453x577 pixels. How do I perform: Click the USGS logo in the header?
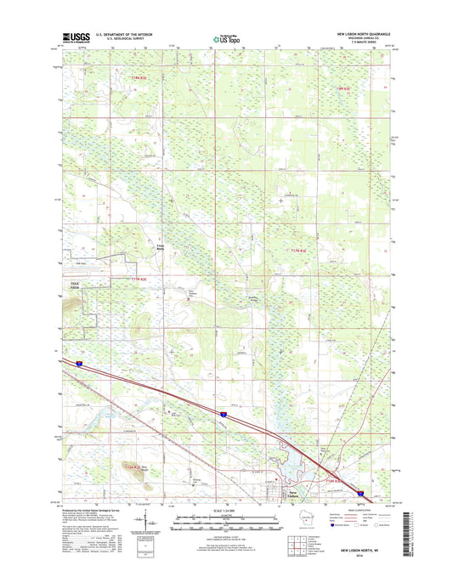75,38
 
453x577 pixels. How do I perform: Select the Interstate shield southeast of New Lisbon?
361,491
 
